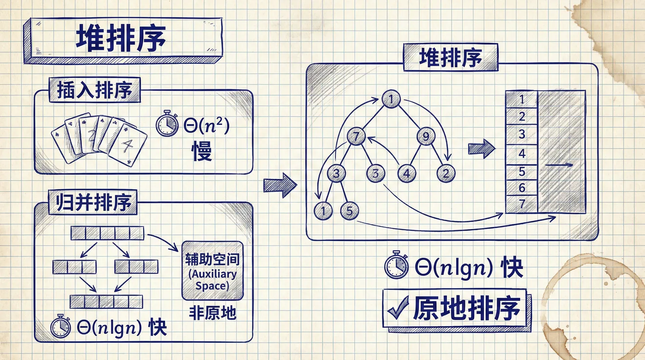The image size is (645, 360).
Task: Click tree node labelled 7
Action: click(x=356, y=136)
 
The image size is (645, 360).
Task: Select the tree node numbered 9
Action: click(x=426, y=136)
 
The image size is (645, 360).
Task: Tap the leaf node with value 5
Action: click(x=349, y=211)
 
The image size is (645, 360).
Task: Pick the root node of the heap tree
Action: click(x=391, y=99)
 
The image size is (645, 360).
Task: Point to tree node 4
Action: click(x=406, y=174)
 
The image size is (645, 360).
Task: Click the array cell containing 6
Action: click(x=522, y=188)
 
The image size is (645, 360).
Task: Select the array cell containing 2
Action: click(x=522, y=117)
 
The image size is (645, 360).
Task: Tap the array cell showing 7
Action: click(x=522, y=204)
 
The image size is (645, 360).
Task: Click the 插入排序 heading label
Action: click(x=94, y=90)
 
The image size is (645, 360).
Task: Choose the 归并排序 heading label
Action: click(x=93, y=202)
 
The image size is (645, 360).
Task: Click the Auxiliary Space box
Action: click(x=212, y=271)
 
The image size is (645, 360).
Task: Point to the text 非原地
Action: click(x=212, y=313)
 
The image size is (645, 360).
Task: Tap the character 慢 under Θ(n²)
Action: click(x=202, y=151)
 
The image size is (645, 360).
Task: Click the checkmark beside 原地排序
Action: click(x=398, y=308)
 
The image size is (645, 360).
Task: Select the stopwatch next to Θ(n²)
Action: click(x=167, y=124)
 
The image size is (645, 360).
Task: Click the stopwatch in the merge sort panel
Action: click(x=61, y=326)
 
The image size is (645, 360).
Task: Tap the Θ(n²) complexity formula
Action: click(x=207, y=126)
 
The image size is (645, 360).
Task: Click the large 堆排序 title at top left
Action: click(x=121, y=39)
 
